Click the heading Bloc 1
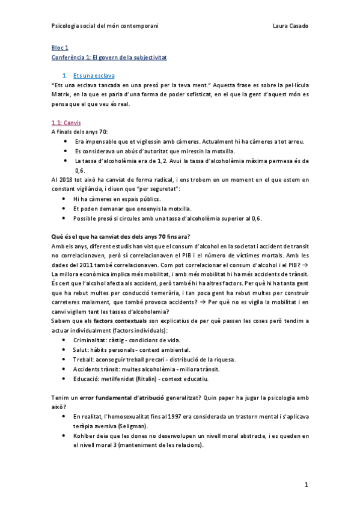pos(60,48)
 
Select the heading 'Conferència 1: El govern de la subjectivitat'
pos(109,57)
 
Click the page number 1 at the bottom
pos(306,485)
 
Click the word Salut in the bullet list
pos(81,350)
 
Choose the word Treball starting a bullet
pos(84,359)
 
